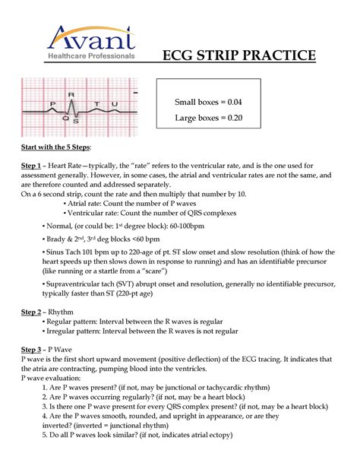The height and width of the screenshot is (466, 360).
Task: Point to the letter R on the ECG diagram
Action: (x=71, y=94)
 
